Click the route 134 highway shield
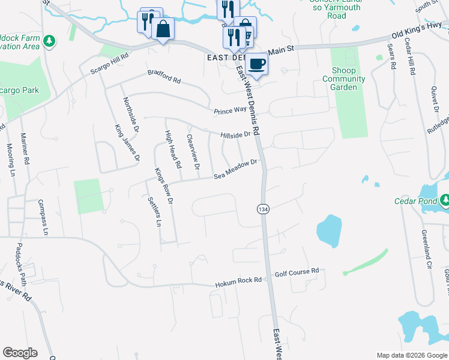262,209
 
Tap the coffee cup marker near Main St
256,64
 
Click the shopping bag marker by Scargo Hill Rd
163,29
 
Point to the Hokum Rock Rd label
239,280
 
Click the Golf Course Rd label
297,272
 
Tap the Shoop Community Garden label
344,79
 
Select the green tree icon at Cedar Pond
445,199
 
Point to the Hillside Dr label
235,135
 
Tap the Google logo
20,353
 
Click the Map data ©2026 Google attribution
411,355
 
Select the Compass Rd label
41,216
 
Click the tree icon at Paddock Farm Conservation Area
49,41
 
